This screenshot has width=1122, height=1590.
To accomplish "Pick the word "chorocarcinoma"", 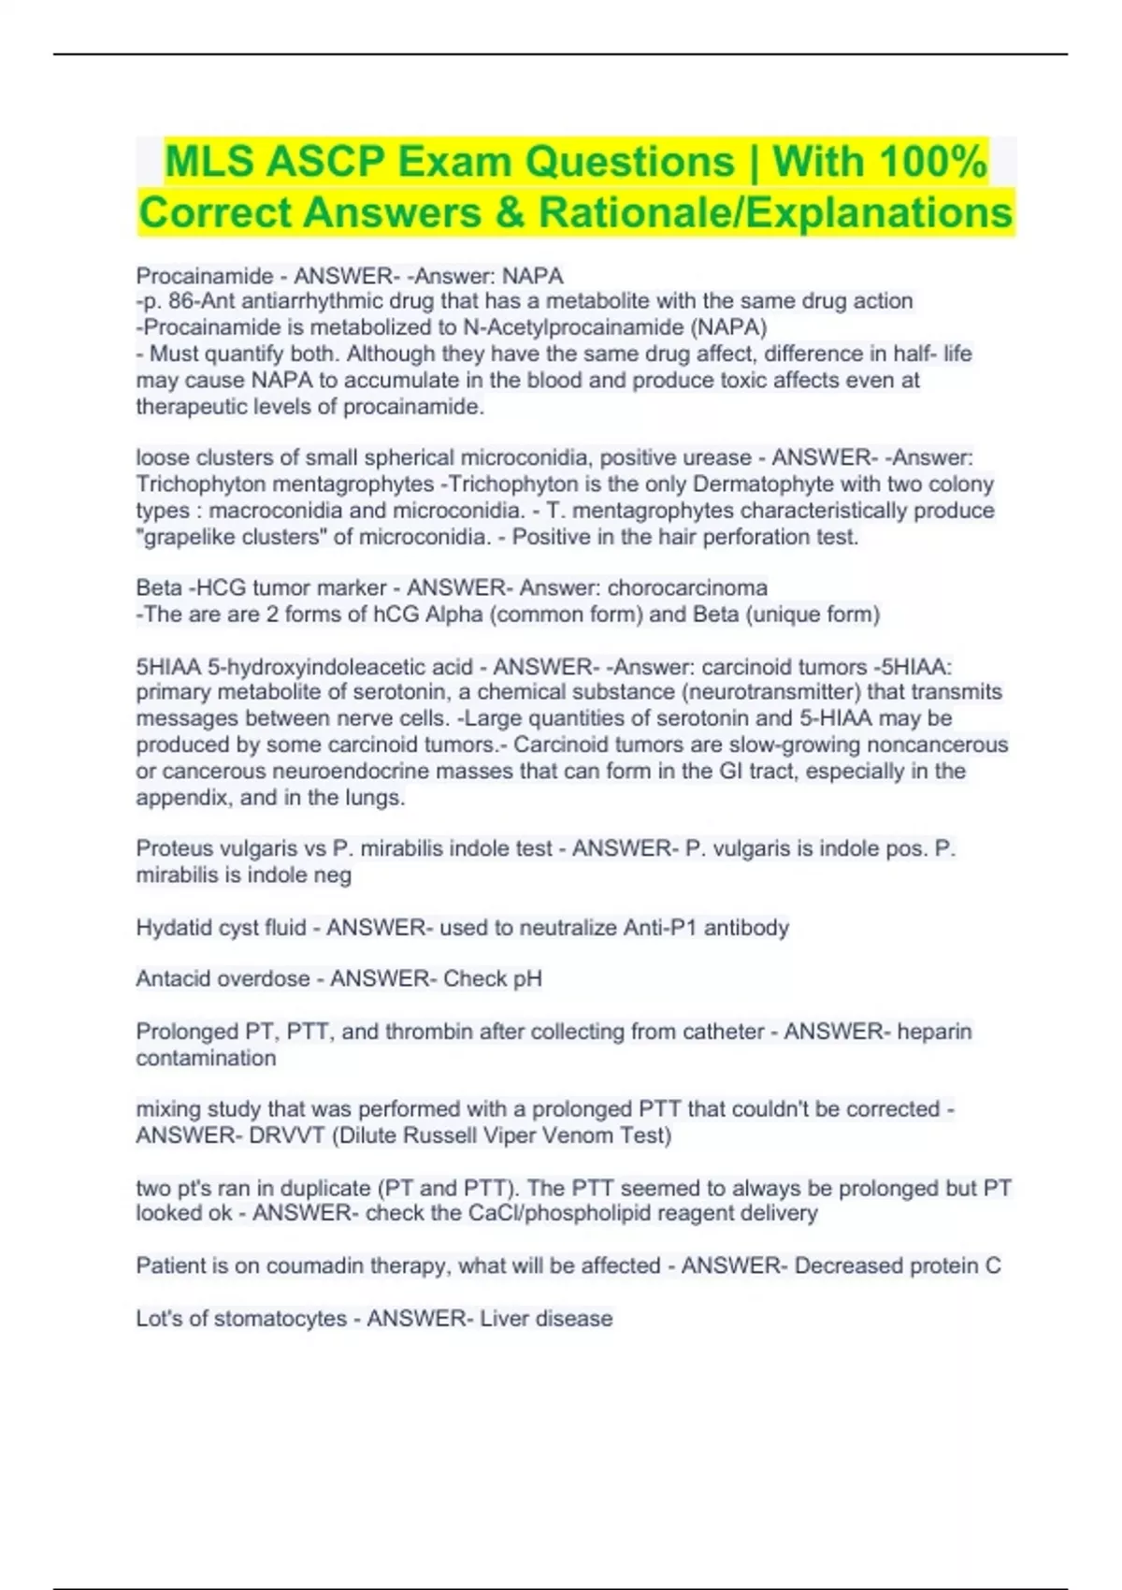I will (x=687, y=587).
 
